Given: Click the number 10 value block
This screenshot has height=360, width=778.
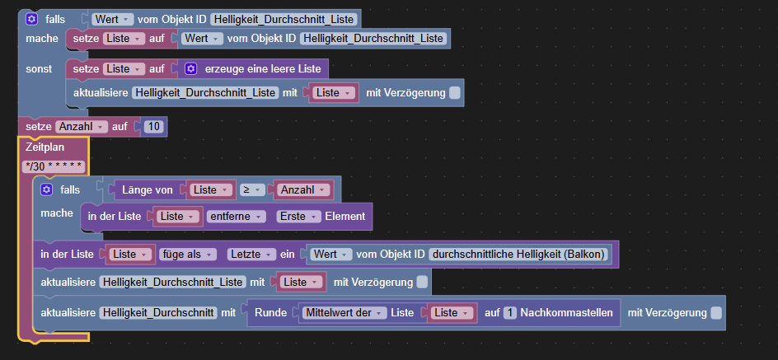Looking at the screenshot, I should (155, 126).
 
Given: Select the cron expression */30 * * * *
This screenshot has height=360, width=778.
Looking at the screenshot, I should (54, 166).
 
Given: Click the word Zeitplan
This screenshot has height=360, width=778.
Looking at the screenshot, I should (45, 147).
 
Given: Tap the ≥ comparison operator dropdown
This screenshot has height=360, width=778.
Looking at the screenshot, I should (250, 189).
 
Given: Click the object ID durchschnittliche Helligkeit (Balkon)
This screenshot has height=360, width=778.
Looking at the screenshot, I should (519, 255).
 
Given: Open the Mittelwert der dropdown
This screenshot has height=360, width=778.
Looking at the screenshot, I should (345, 313).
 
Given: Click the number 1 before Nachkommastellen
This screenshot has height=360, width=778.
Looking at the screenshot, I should (509, 313).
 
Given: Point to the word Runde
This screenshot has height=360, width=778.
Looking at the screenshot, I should (270, 313).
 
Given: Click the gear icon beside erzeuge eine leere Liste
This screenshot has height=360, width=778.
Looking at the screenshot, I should (190, 68).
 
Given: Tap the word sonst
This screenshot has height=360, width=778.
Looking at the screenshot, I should (39, 68).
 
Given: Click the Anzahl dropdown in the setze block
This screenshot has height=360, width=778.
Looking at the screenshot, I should (82, 126).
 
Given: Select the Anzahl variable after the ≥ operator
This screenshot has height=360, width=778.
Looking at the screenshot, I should (303, 189).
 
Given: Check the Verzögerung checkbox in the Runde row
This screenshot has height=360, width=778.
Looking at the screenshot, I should (715, 313).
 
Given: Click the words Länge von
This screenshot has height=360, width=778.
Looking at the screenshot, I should (148, 189).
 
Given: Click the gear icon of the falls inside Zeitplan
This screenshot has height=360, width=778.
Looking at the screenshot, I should (47, 189).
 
